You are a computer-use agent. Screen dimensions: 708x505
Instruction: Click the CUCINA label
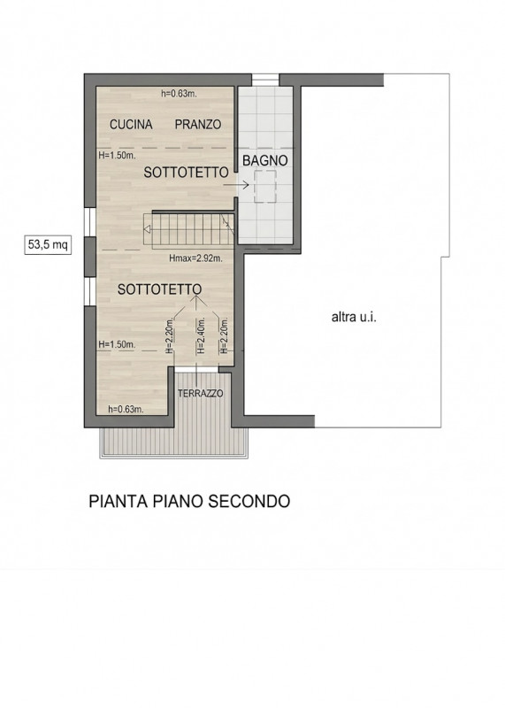tap(131, 125)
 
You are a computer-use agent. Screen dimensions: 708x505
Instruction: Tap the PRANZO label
tap(197, 125)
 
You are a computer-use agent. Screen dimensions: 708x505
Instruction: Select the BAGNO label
tap(265, 160)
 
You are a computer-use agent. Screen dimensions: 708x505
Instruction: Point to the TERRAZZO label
tap(201, 393)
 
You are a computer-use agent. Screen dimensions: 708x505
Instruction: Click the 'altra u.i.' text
tap(354, 318)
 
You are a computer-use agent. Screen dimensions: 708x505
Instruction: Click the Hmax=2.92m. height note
tap(195, 259)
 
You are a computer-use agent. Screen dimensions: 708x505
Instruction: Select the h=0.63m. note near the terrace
tap(126, 409)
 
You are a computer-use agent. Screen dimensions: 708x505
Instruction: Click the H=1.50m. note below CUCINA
tap(115, 153)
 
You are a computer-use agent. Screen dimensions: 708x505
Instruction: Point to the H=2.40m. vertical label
tap(201, 337)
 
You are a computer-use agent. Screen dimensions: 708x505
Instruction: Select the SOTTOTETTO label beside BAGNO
tap(187, 174)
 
